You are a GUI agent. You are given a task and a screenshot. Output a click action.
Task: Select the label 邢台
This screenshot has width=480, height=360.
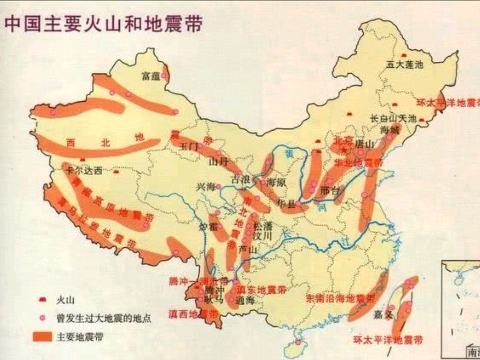pyautogui.click(x=331, y=190)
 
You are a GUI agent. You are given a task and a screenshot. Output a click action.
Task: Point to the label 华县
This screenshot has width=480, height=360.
pyautogui.click(x=285, y=203)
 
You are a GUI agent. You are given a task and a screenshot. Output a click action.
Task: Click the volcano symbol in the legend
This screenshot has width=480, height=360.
pyautogui.click(x=43, y=300)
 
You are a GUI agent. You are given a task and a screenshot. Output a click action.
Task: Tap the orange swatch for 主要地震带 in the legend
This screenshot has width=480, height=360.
pyautogui.click(x=43, y=336)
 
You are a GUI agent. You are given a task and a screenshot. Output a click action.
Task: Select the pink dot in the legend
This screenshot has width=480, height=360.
pyautogui.click(x=43, y=318)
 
